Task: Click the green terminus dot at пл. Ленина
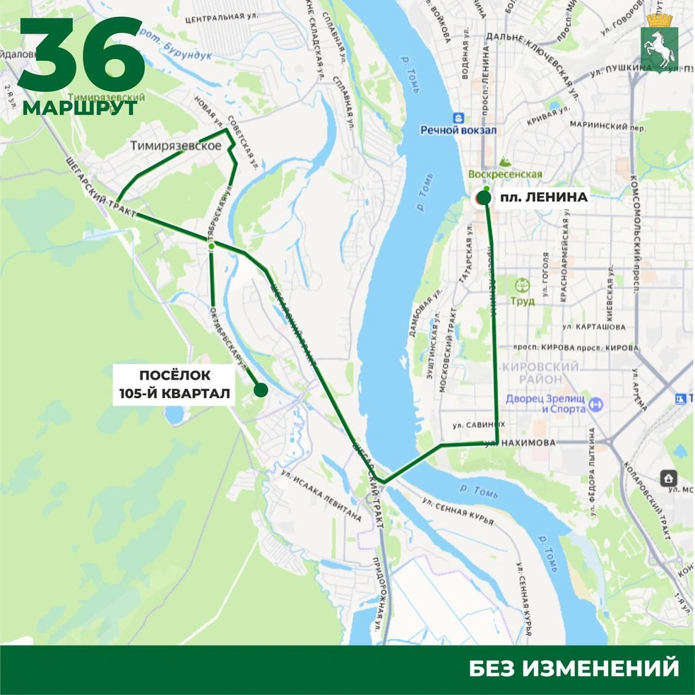pyautogui.click(x=484, y=197)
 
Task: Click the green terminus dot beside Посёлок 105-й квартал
pyautogui.click(x=260, y=390)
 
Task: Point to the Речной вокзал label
pyautogui.click(x=458, y=130)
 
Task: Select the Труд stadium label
pyautogui.click(x=523, y=300)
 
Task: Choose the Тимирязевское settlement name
pyautogui.click(x=176, y=146)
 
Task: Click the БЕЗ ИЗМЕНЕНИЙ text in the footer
pyautogui.click(x=574, y=667)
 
